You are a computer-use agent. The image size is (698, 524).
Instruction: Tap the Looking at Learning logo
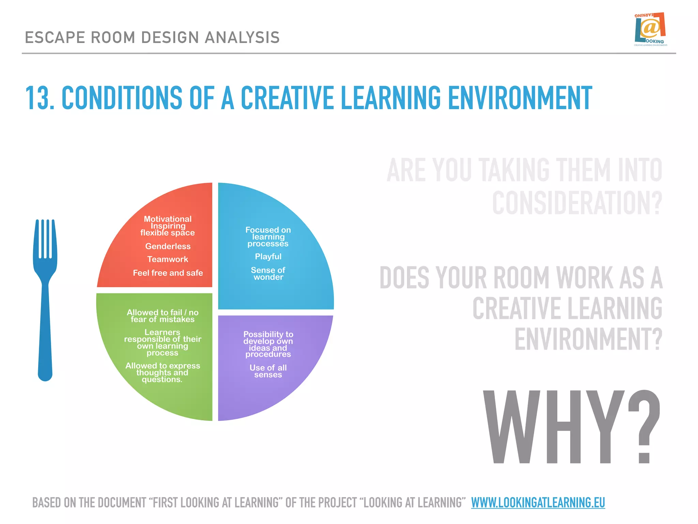(650, 30)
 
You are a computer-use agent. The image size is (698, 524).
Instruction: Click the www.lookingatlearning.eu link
(538, 503)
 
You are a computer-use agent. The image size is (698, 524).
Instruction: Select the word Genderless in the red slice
(168, 246)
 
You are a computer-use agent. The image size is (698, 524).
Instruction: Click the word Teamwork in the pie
(168, 259)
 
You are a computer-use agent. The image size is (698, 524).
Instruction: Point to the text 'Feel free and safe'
(168, 273)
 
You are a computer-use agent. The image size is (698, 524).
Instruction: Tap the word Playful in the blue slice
(268, 257)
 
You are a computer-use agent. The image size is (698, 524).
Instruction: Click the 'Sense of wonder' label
(268, 274)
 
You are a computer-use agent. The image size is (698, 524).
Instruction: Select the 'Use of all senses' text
(268, 371)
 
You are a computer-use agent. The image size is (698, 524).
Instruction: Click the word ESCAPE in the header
(55, 38)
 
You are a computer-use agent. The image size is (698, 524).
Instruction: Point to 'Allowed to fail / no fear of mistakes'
(163, 316)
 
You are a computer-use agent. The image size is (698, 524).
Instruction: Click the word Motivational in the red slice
(168, 219)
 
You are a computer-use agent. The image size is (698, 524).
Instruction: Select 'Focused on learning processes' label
(268, 237)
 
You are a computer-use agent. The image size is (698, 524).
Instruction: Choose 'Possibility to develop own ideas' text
(268, 344)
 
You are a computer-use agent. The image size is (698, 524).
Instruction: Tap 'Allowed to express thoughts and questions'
(163, 373)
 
